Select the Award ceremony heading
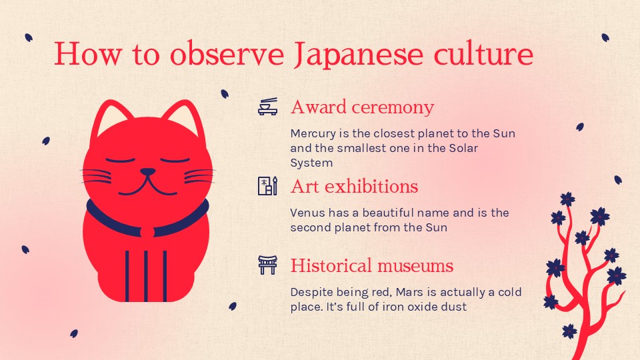(x=362, y=107)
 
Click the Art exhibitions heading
(x=354, y=186)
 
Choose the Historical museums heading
(x=371, y=266)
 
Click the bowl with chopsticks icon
(x=268, y=107)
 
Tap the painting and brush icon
(x=267, y=186)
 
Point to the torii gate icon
(x=267, y=265)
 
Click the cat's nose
(x=147, y=172)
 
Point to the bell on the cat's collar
(x=147, y=231)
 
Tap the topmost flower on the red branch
(x=567, y=199)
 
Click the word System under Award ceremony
(x=311, y=163)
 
